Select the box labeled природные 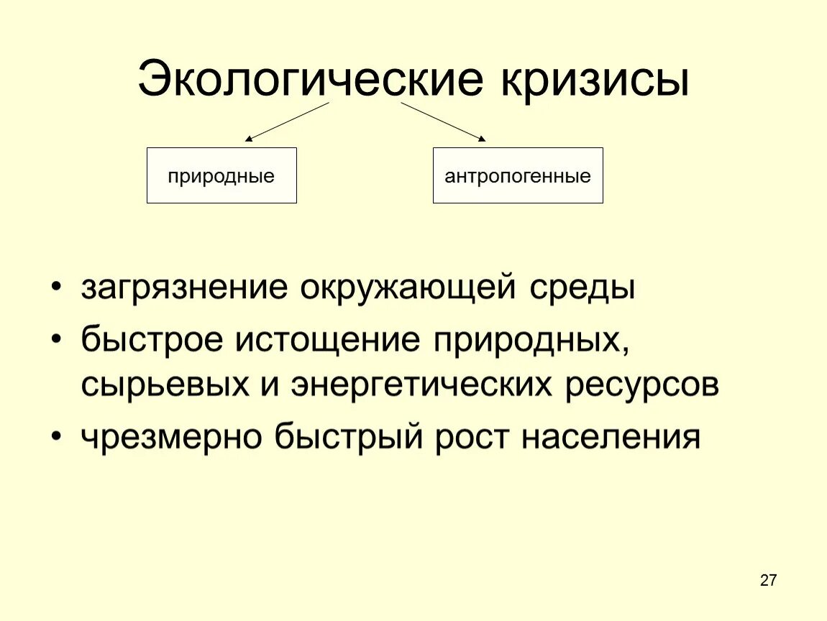click(x=221, y=175)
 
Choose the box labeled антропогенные click(x=518, y=175)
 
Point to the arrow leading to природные click(x=286, y=121)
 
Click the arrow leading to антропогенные click(x=443, y=121)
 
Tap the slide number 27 click(x=768, y=581)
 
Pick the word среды click(x=583, y=289)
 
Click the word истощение click(x=332, y=339)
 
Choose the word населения click(x=611, y=436)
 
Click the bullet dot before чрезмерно click(x=57, y=438)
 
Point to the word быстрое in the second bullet click(x=152, y=339)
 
